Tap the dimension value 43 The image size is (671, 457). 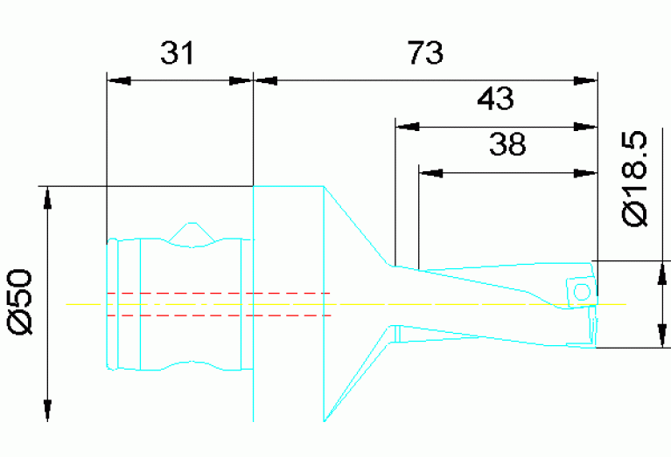pos(494,99)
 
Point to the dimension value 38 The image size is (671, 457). pos(507,145)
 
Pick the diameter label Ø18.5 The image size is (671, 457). pos(636,179)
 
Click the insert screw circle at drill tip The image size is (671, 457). pos(578,292)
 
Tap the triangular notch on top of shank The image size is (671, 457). pos(192,233)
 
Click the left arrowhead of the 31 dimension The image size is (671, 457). pos(117,80)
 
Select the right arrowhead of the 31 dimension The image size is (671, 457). pos(241,80)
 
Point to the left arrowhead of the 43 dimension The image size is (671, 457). pos(408,127)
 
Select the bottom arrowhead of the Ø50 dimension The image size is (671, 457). pos(47,410)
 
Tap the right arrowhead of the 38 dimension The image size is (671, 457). pos(585,173)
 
